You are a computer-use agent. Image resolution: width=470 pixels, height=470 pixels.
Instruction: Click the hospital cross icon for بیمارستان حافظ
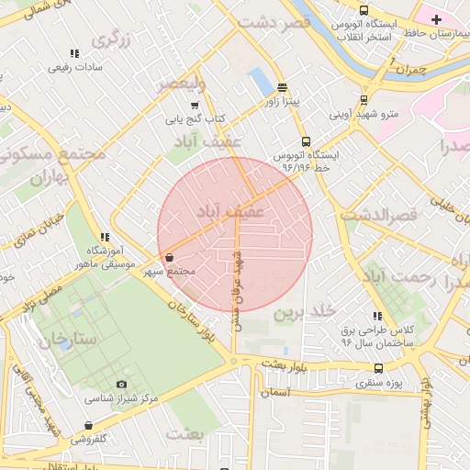click(x=436, y=19)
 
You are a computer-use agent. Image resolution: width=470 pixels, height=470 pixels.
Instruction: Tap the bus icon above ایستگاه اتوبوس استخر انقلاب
click(x=364, y=10)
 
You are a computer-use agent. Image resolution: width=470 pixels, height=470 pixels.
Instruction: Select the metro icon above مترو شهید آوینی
click(x=364, y=101)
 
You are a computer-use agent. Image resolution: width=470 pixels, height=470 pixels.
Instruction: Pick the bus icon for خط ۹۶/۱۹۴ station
click(x=306, y=141)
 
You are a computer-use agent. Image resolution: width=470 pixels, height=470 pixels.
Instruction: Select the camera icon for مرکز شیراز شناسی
click(x=122, y=384)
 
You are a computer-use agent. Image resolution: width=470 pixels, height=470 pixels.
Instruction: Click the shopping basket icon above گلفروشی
click(x=88, y=425)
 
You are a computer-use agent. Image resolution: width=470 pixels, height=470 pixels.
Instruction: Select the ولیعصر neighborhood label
click(x=180, y=84)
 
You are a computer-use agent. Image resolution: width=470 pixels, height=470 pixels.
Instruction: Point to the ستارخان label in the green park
click(x=67, y=340)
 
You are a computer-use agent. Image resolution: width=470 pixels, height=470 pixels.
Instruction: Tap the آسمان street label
click(x=275, y=391)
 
